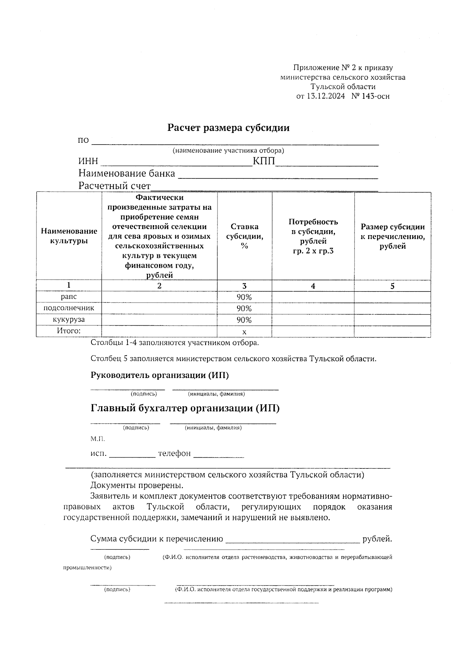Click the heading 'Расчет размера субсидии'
[228, 128]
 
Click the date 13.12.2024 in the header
[325, 96]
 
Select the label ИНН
[88, 162]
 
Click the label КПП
[264, 161]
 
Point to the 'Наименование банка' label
[127, 174]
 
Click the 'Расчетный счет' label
[114, 186]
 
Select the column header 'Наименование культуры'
[69, 236]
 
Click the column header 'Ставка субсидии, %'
[244, 236]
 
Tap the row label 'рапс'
[69, 297]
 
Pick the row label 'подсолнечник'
[69, 308]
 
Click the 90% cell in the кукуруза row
[244, 320]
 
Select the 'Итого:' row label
[69, 331]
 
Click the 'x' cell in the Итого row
[244, 332]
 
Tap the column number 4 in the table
[313, 286]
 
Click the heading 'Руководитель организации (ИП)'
[159, 375]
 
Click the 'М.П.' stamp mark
[98, 438]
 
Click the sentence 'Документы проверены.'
[137, 485]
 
